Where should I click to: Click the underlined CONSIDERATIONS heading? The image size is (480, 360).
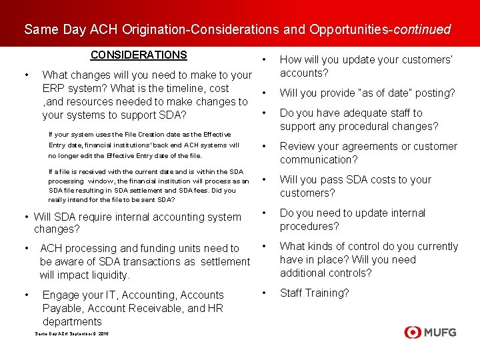(139, 55)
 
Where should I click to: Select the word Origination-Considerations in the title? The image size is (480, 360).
(187, 29)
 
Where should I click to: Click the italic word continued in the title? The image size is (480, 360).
(423, 29)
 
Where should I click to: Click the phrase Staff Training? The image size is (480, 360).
(314, 293)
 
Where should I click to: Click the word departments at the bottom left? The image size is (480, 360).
(72, 321)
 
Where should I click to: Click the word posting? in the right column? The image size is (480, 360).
(434, 93)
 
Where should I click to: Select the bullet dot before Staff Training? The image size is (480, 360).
(265, 293)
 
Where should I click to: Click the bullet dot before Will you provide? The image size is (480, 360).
(265, 93)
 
